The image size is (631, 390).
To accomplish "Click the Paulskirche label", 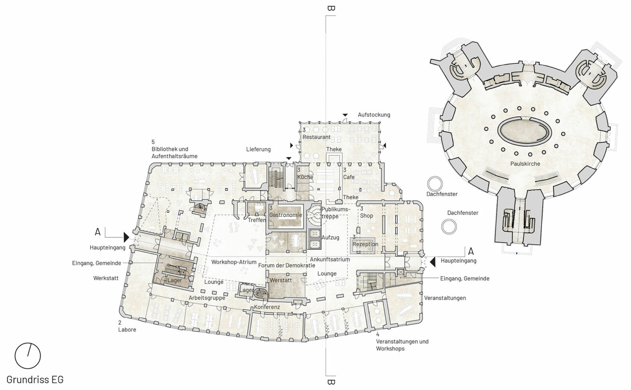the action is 525,164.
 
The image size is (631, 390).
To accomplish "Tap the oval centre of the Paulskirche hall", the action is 524,131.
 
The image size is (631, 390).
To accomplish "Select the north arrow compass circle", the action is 28,356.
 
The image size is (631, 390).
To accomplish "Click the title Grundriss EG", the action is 35,379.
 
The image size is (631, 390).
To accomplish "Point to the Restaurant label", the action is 316,137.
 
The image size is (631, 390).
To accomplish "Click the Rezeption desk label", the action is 365,244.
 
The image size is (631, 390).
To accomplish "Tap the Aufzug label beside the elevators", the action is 330,238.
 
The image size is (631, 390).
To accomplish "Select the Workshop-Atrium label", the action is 234,262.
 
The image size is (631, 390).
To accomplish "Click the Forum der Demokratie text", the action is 287,265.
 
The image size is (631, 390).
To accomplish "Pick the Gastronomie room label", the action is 285,215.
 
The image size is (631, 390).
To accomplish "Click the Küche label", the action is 305,177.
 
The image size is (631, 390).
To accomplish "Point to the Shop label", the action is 366,216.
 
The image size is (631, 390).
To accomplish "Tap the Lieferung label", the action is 258,149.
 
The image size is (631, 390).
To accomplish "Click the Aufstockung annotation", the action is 374,115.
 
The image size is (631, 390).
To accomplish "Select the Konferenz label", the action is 267,307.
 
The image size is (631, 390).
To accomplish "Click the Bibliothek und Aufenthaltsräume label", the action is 174,152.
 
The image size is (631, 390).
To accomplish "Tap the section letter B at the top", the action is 331,8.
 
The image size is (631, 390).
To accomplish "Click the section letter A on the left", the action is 97,232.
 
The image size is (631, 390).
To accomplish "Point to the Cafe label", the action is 349,177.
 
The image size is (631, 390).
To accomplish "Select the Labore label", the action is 127,330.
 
